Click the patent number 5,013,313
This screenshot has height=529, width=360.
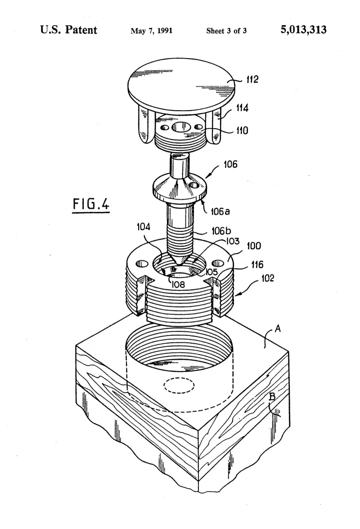[303, 30]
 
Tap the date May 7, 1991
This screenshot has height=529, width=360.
[152, 31]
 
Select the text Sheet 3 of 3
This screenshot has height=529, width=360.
[226, 31]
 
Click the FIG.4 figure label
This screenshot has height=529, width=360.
[91, 204]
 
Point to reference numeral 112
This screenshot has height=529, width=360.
[252, 79]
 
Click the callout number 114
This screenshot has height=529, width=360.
[242, 108]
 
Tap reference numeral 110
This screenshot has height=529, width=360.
[242, 130]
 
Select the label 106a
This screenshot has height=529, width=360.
[220, 211]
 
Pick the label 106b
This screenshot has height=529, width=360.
[221, 231]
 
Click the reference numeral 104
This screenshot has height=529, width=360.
[143, 227]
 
